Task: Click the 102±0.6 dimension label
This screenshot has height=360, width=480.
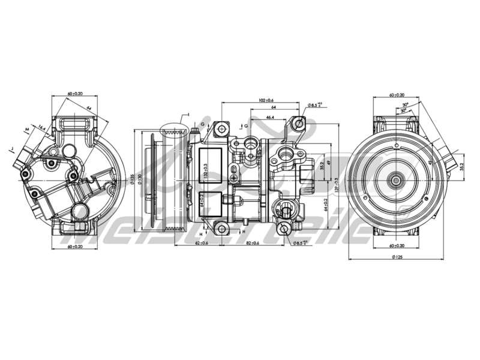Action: (x=266, y=100)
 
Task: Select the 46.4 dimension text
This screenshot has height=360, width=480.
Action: (x=271, y=118)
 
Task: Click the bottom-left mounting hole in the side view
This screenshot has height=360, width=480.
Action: (x=221, y=228)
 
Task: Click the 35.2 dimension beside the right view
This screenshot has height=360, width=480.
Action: (x=461, y=166)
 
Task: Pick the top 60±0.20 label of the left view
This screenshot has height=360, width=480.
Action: (x=75, y=95)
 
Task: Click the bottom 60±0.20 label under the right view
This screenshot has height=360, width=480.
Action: (x=397, y=245)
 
